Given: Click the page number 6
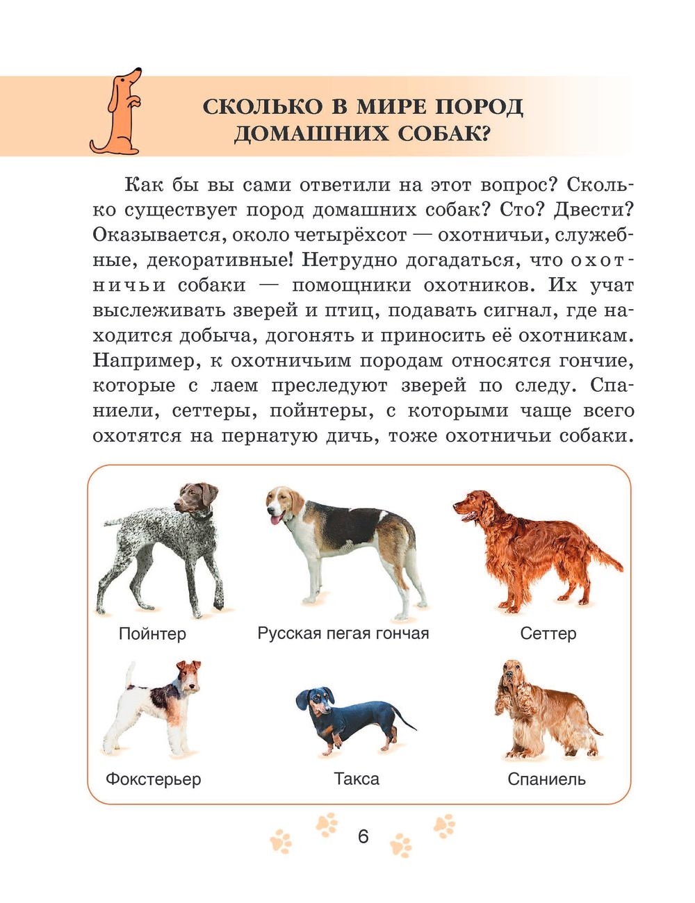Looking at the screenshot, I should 363,836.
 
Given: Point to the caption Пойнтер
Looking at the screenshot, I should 152,633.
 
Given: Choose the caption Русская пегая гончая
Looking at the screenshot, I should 343,633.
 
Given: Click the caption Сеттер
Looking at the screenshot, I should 548,633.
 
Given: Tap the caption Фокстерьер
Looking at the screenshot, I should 153,779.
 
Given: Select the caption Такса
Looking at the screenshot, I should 357,779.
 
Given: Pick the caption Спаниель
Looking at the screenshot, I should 546,779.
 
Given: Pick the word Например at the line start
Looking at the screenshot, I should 137,361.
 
